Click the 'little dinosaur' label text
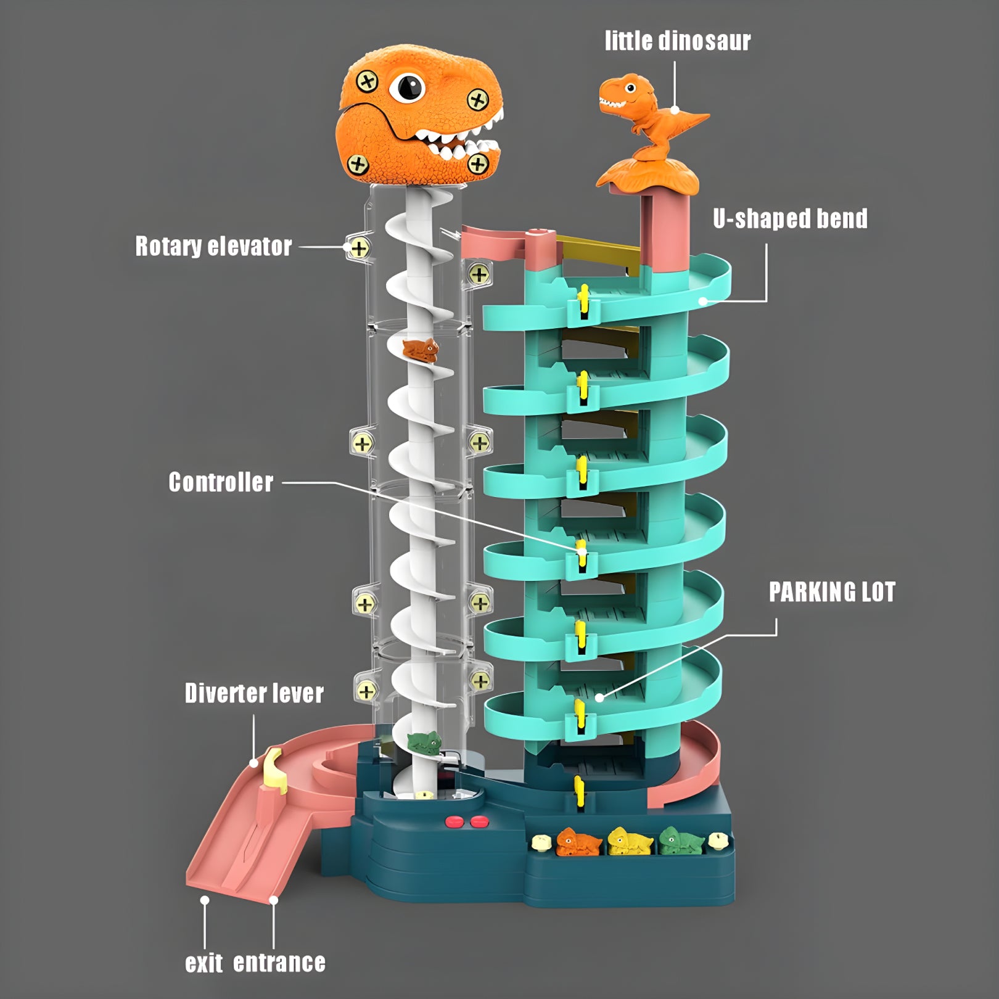[677, 41]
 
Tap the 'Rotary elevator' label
[213, 246]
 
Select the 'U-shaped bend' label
[790, 218]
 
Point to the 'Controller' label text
[221, 482]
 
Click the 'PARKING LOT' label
[832, 592]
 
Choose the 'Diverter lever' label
[254, 693]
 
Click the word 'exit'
[204, 963]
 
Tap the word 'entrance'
[279, 963]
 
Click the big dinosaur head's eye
[408, 87]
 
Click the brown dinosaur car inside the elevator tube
[421, 350]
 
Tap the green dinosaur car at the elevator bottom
[425, 742]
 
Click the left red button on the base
[454, 821]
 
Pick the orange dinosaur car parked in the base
[578, 842]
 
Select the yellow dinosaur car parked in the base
[630, 842]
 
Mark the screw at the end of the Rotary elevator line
[359, 248]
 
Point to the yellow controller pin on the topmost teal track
[583, 298]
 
